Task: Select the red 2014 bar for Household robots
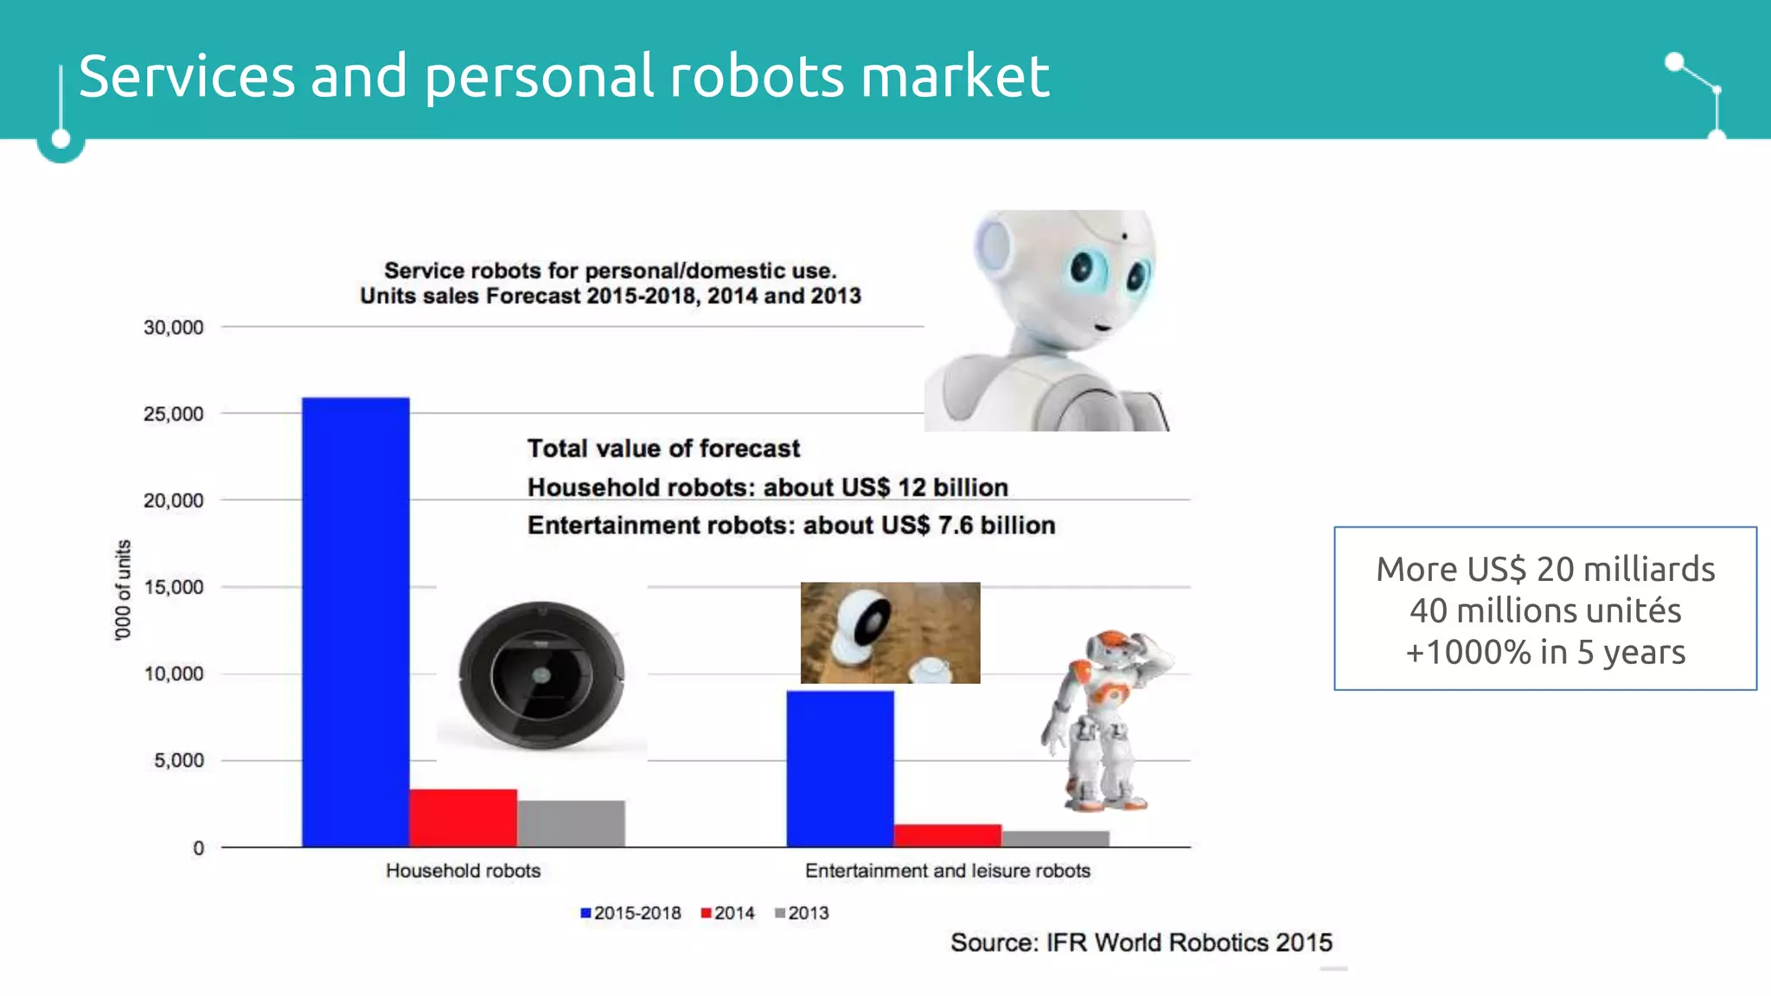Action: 463,818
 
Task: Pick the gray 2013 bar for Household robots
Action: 571,823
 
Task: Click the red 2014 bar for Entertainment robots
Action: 947,835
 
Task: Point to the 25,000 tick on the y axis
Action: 174,414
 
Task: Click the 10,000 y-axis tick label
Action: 174,674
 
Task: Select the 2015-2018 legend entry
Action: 630,913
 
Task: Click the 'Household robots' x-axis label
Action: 463,871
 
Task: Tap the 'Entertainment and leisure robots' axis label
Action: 947,871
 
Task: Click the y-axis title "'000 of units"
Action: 124,590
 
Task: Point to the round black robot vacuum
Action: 541,675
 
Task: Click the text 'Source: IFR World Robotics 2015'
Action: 1141,942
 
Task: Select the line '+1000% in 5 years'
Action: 1545,652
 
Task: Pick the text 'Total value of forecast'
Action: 663,449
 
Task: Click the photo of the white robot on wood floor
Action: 890,633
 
